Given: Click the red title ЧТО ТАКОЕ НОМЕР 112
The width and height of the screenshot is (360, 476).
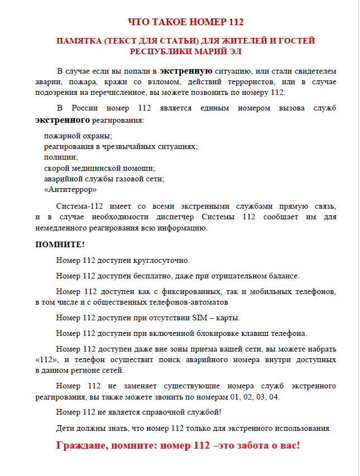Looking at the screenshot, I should tap(186, 22).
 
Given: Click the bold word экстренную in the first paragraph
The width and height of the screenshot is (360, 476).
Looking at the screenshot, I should tap(185, 71).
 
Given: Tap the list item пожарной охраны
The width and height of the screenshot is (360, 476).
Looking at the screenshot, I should tap(78, 136).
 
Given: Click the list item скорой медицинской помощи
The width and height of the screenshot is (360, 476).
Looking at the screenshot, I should tap(99, 168).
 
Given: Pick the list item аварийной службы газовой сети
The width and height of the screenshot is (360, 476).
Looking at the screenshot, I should tap(104, 179).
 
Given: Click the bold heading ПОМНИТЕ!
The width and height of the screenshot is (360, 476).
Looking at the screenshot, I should tap(60, 244).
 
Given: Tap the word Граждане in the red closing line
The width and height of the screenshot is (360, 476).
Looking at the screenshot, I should tap(83, 446).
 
